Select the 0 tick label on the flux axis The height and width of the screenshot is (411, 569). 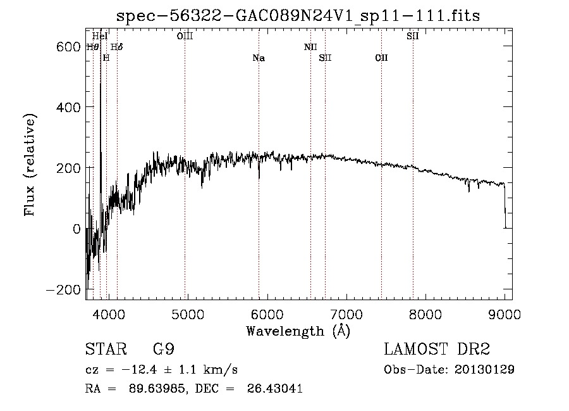pyautogui.click(x=76, y=229)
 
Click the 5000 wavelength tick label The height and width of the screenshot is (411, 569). pyautogui.click(x=187, y=314)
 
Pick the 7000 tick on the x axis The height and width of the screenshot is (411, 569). pyautogui.click(x=346, y=314)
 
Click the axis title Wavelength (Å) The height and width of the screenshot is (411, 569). pyautogui.click(x=298, y=331)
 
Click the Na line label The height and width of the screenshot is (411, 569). pyautogui.click(x=259, y=58)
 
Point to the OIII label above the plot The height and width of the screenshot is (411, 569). pyautogui.click(x=185, y=36)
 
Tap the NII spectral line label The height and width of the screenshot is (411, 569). pyautogui.click(x=310, y=47)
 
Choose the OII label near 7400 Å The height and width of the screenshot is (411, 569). pyautogui.click(x=381, y=58)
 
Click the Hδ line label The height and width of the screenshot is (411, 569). pyautogui.click(x=116, y=47)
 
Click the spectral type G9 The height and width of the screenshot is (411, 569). pyautogui.click(x=163, y=350)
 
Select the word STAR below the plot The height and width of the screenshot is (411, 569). pyautogui.click(x=105, y=350)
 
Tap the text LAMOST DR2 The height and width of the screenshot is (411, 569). pyautogui.click(x=437, y=350)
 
